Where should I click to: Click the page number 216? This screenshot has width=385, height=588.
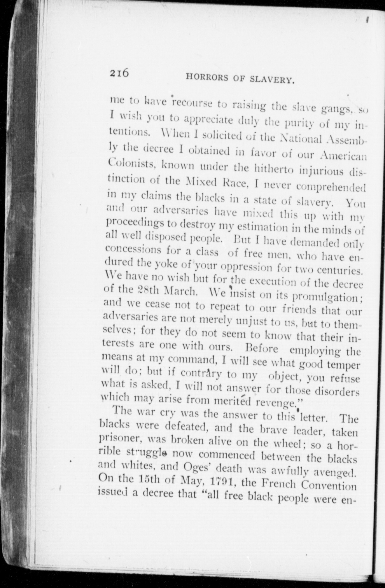[119, 73]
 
